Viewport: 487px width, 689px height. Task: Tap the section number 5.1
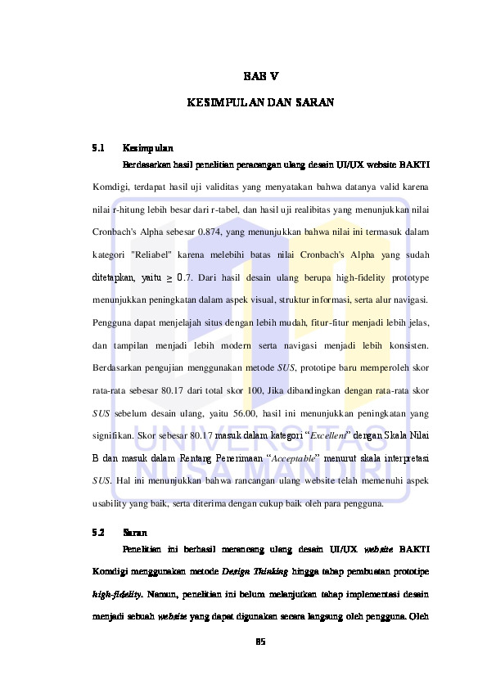(98, 149)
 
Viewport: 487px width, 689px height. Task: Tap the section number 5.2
(98, 532)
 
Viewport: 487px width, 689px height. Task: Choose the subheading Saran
(134, 532)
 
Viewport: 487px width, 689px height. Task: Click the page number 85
(261, 640)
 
